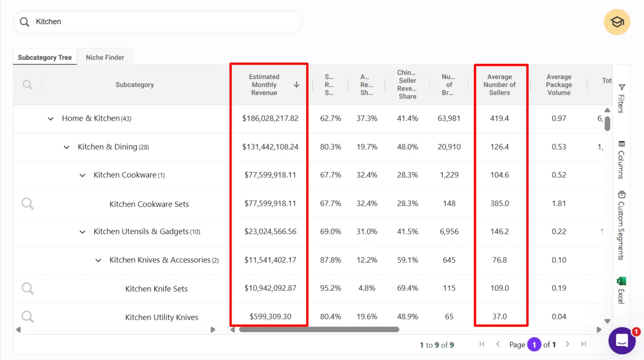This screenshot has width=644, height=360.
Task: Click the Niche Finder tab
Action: coord(105,57)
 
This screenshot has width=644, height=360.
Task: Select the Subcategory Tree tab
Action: coord(45,57)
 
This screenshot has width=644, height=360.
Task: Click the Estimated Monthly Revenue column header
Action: coord(264,85)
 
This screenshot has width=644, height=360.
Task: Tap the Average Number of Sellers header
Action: coord(499,85)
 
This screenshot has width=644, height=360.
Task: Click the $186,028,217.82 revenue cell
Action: coord(270,119)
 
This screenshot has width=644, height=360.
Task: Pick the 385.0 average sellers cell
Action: coord(499,204)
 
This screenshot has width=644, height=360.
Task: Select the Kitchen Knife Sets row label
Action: coord(156,289)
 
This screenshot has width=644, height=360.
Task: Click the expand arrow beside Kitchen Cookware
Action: coord(82,175)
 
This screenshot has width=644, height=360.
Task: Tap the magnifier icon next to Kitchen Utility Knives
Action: coord(28,317)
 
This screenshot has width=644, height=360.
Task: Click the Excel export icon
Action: coord(621,281)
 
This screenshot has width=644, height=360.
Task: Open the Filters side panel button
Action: coord(622,98)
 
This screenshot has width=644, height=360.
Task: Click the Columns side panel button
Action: coord(621,160)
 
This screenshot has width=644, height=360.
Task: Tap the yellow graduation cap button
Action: coord(617,22)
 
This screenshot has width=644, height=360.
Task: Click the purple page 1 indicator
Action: coord(534,344)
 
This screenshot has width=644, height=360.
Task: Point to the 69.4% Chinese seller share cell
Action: coord(407,288)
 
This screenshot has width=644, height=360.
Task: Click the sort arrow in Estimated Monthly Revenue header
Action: coord(296,85)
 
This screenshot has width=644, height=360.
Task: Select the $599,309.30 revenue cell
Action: coord(270,317)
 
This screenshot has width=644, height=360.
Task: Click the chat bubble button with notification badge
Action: coord(622,341)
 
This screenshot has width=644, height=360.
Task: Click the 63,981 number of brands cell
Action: coord(449,119)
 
